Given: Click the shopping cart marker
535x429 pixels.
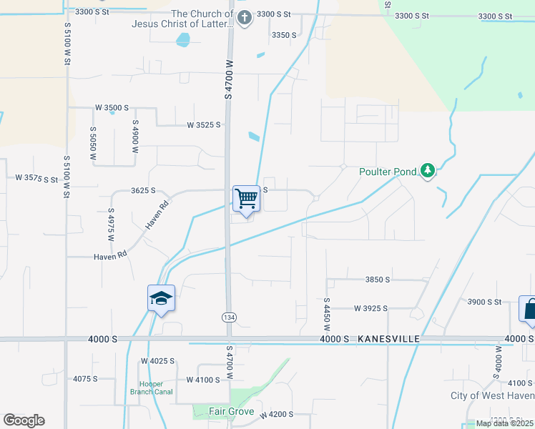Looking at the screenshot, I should [246, 198].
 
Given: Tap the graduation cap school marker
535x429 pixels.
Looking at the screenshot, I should [162, 298].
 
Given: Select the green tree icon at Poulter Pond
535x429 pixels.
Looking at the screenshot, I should [427, 170].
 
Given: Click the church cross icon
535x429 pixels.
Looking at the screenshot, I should [245, 18].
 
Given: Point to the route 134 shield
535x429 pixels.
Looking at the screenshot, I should [230, 317].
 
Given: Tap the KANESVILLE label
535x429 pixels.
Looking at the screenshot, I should [386, 338].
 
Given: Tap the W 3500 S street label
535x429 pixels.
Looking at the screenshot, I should [112, 108].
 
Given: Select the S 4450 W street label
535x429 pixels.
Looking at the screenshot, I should [326, 315].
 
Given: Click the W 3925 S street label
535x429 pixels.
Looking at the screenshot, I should [370, 308].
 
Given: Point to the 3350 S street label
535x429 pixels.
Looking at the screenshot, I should [284, 35].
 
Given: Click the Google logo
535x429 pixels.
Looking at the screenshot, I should [24, 420].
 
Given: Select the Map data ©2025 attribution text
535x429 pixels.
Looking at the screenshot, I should [504, 423].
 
